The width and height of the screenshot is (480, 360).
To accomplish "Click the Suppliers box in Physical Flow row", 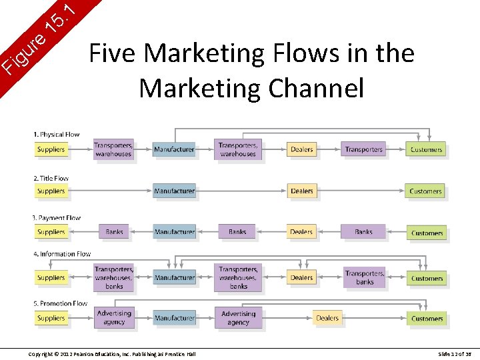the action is pos(51,149).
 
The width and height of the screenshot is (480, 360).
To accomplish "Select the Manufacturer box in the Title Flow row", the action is pos(174,191).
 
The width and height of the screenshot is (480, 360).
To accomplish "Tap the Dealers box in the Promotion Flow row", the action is pos(327,318).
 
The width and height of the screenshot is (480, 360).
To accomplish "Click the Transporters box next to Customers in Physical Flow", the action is pos(363,149).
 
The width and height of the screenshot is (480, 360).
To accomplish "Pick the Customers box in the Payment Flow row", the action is pos(427,233).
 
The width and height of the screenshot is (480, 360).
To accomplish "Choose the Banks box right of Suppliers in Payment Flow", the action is pos(114,232).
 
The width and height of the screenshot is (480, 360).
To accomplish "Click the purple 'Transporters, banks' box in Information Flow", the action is pos(364,277).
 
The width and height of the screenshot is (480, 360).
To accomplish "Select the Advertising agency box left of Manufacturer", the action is pos(114,317).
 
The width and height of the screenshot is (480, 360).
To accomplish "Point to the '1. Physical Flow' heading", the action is pos(56,135).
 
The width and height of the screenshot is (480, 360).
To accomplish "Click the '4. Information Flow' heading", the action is pos(62,254).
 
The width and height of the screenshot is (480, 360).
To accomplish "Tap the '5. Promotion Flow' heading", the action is pos(60,303).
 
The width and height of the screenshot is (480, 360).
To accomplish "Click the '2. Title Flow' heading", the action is pos(51,178).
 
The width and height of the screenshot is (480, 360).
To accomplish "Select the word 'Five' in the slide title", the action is pos(113,53).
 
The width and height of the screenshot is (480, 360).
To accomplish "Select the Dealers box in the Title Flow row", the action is pos(301,191).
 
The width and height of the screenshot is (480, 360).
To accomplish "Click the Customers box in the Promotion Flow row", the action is pos(427,318).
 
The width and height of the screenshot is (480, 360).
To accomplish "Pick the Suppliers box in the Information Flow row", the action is pos(51,277).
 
